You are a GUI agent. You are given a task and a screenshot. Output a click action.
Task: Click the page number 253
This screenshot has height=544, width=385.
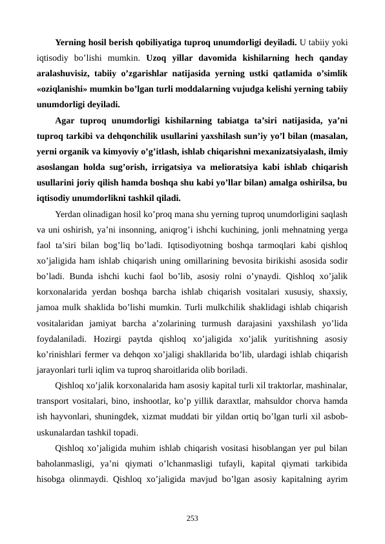(x=192, y=518)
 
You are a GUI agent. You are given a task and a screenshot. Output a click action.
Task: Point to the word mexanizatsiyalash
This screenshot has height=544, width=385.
(x=285, y=152)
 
